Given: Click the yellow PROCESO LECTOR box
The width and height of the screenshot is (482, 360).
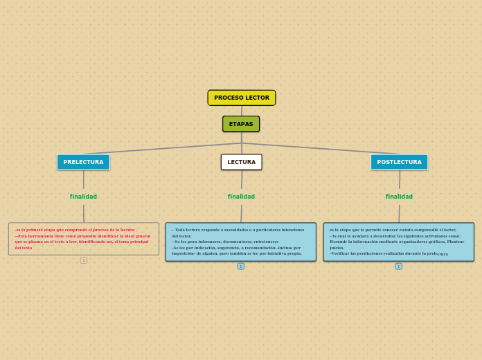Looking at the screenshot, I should tap(242, 98).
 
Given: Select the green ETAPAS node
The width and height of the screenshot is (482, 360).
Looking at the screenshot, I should tap(241, 124).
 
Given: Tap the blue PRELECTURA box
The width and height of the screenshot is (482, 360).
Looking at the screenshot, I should tap(83, 162).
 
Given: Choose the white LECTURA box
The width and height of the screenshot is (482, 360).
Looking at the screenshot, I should tap(241, 162).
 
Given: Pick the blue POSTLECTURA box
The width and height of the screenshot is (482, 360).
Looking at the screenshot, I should tap(399, 162).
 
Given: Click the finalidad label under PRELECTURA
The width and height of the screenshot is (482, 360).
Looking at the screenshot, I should tap(83, 197).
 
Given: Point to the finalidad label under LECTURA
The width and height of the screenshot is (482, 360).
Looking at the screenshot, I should tap(241, 197).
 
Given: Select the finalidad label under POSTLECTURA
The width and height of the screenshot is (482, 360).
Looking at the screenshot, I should tap(399, 197).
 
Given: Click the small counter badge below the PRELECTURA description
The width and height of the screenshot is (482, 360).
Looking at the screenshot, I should tap(84, 260).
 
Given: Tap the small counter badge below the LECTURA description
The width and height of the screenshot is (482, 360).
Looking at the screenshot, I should tap(241, 267).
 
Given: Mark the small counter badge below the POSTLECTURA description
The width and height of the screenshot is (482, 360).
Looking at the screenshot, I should tap(399, 267).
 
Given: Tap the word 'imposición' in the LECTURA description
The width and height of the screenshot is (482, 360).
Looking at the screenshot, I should tap(183, 253).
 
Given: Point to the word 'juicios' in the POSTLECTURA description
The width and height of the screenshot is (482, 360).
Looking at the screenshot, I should tap(337, 247).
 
